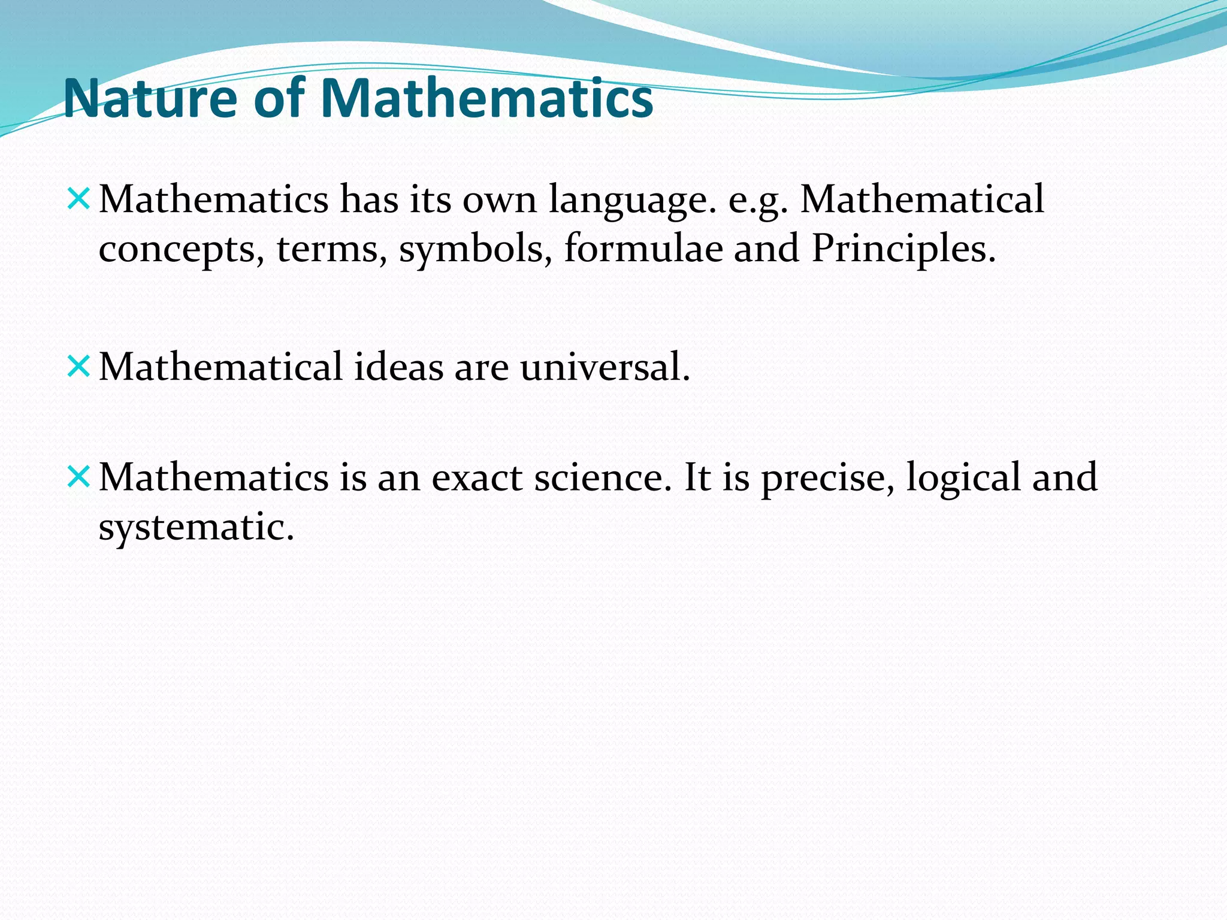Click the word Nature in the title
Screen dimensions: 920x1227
pyautogui.click(x=150, y=99)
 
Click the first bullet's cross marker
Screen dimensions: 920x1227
pyautogui.click(x=78, y=199)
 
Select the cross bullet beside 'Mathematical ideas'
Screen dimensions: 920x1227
pyautogui.click(x=78, y=366)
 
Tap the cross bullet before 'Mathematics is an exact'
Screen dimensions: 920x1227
pyautogui.click(x=78, y=477)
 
